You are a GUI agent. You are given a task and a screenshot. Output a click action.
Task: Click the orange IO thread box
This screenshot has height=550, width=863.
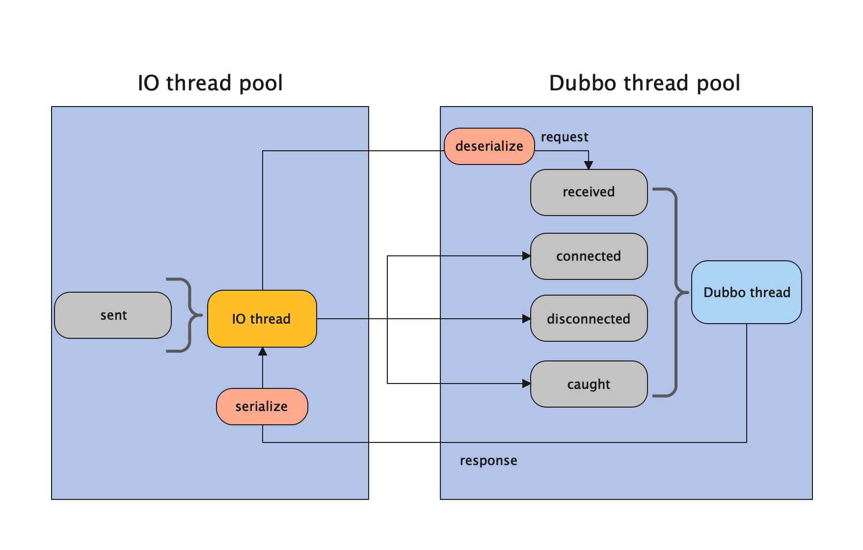pos(262,319)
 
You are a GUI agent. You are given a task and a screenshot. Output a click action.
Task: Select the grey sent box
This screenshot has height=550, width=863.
pos(113,315)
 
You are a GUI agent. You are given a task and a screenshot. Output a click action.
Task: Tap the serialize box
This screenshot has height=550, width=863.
pos(262,407)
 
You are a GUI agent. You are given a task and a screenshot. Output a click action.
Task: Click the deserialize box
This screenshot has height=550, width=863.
pos(489,146)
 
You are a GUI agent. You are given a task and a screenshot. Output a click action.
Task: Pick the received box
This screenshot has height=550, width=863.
pos(589,192)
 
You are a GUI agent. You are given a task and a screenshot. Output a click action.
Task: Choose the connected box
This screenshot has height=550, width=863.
pos(589,256)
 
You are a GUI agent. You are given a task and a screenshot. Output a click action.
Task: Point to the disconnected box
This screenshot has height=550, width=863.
pos(589,319)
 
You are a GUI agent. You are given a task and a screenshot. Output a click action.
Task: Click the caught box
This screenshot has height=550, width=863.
pos(589,384)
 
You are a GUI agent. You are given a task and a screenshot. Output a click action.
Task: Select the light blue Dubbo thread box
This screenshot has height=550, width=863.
pos(746,292)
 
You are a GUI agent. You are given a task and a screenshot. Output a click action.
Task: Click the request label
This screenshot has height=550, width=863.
pos(565,137)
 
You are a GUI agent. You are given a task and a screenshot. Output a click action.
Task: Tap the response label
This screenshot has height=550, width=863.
pos(488,461)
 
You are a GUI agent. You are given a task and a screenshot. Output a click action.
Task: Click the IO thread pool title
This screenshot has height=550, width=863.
pos(210,83)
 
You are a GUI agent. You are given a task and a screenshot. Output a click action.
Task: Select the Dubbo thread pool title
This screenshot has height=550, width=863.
pos(645,83)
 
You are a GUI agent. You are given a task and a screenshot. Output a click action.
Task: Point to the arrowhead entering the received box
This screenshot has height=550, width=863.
pos(589,165)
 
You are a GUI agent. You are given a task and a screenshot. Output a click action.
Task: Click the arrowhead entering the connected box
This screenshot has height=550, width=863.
pos(526,256)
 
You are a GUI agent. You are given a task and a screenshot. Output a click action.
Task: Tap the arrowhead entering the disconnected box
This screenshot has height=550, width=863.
pos(526,319)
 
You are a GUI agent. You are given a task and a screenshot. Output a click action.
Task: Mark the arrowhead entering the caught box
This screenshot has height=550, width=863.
pos(526,384)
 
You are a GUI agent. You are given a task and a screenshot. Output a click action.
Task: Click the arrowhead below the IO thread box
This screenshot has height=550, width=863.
pos(263,352)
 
